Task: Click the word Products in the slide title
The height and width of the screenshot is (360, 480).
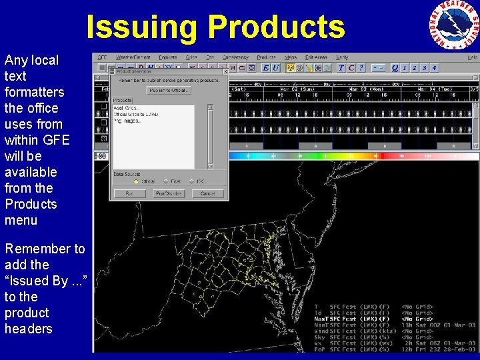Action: coord(276,27)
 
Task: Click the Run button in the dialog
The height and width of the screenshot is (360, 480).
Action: coord(129,193)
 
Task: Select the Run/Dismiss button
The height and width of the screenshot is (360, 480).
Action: coord(169,193)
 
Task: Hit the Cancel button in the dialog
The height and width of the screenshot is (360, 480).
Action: coord(207,193)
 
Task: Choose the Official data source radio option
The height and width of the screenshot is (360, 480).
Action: coord(143,181)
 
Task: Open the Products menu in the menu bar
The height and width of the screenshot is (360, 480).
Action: coord(267,57)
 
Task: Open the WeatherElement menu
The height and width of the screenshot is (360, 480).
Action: coord(133,57)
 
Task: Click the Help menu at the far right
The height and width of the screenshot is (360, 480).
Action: coord(472,57)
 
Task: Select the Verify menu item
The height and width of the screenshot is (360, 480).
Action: coord(343,57)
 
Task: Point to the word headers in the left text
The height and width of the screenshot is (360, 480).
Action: coord(28,329)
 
